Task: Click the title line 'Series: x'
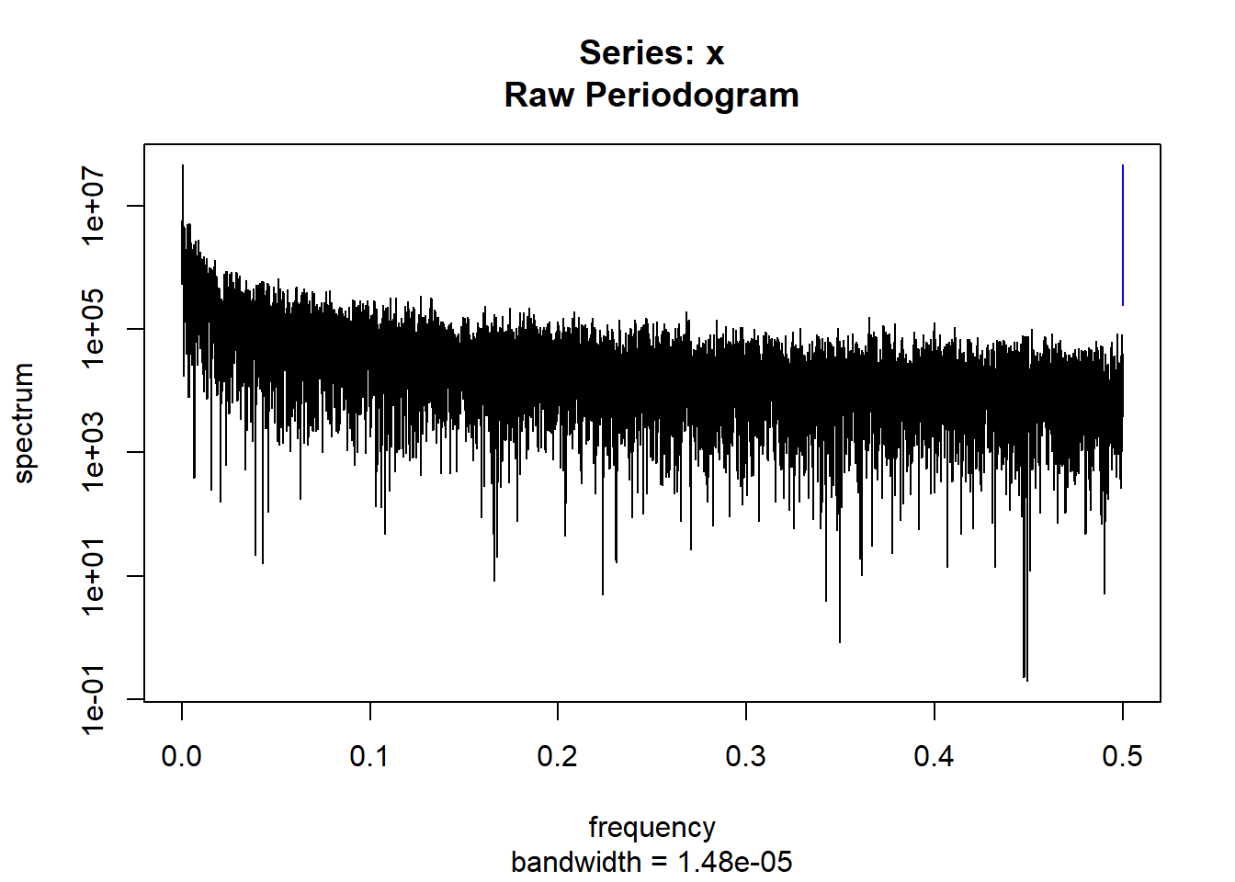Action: (x=651, y=53)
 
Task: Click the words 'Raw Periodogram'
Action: (x=651, y=96)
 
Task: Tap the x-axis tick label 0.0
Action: (x=182, y=756)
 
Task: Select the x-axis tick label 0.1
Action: (x=369, y=756)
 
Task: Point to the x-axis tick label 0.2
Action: (x=558, y=756)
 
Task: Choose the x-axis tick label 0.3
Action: (x=746, y=756)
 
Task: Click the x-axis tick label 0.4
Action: (x=935, y=756)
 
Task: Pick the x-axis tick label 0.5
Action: (x=1122, y=756)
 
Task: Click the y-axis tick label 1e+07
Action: (x=94, y=205)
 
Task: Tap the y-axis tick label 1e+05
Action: (x=94, y=329)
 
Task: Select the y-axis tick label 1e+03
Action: (x=94, y=452)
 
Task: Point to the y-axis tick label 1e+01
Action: (x=94, y=576)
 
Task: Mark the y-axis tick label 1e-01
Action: (x=94, y=699)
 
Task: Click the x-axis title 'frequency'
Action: (x=651, y=827)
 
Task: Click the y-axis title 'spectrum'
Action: (x=24, y=423)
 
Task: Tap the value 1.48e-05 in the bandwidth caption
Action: (x=735, y=862)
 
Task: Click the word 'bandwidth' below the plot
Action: (x=576, y=862)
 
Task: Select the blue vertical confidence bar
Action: (x=1122, y=235)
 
